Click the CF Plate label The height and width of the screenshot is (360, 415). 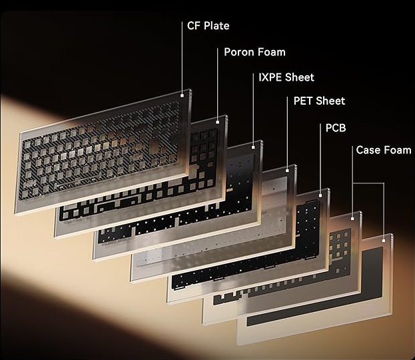tap(208, 26)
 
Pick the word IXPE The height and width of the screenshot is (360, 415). tap(270, 77)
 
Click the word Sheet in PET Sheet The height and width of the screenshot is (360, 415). tap(330, 101)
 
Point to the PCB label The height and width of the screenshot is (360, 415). tap(336, 128)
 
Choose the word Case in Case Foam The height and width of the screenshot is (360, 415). tap(368, 150)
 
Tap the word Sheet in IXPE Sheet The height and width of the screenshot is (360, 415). tap(300, 77)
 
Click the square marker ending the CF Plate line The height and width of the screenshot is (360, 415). tap(182, 95)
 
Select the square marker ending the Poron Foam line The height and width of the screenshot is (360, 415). tap(218, 122)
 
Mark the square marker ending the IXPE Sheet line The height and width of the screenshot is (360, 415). tap(253, 147)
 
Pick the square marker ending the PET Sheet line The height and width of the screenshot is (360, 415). tap(287, 171)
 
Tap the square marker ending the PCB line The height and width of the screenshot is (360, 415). tap(320, 196)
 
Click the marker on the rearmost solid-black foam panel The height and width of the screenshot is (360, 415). tap(384, 241)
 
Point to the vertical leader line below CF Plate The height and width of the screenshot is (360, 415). tap(182, 57)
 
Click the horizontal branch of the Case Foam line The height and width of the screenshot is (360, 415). tap(368, 183)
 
